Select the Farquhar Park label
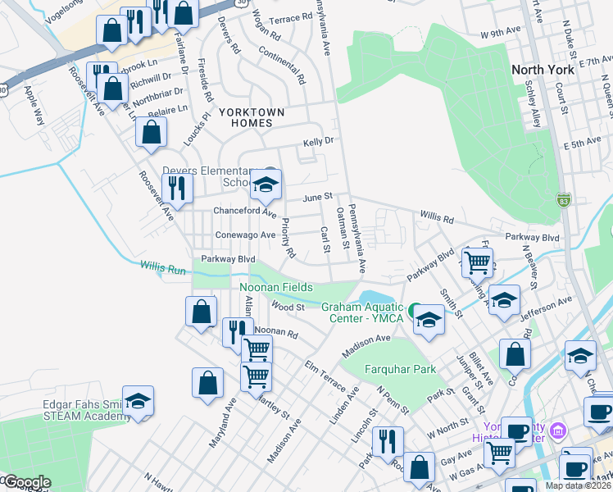(x=401, y=369)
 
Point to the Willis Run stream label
(x=162, y=266)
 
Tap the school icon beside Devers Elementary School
(x=265, y=185)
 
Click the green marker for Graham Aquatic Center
(x=415, y=309)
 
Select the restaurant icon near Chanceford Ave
(x=177, y=189)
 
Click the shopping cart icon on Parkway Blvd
(x=477, y=262)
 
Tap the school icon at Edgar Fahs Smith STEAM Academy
(x=138, y=402)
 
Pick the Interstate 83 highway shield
(x=562, y=200)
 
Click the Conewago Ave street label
(x=245, y=235)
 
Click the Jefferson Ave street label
(x=543, y=307)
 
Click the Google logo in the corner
(x=26, y=482)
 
